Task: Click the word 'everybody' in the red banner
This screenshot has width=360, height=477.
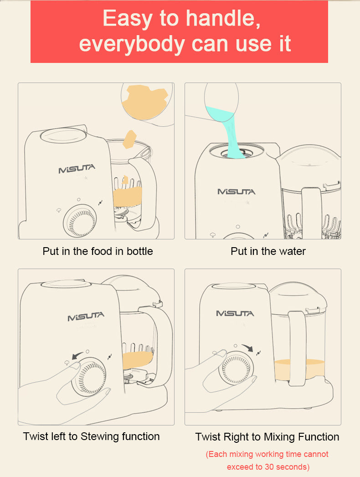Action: click(132, 44)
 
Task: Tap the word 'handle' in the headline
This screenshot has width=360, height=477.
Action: click(223, 18)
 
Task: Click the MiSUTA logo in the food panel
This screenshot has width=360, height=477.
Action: click(77, 169)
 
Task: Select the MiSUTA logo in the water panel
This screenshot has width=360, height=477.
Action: click(236, 192)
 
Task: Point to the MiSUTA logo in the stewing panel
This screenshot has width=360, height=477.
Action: click(86, 316)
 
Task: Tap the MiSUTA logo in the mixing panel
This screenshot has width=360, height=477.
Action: click(235, 313)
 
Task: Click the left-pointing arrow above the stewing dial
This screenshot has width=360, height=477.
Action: click(77, 355)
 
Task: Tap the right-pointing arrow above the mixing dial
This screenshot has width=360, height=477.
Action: click(247, 347)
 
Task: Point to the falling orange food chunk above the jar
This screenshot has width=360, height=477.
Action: click(129, 140)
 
